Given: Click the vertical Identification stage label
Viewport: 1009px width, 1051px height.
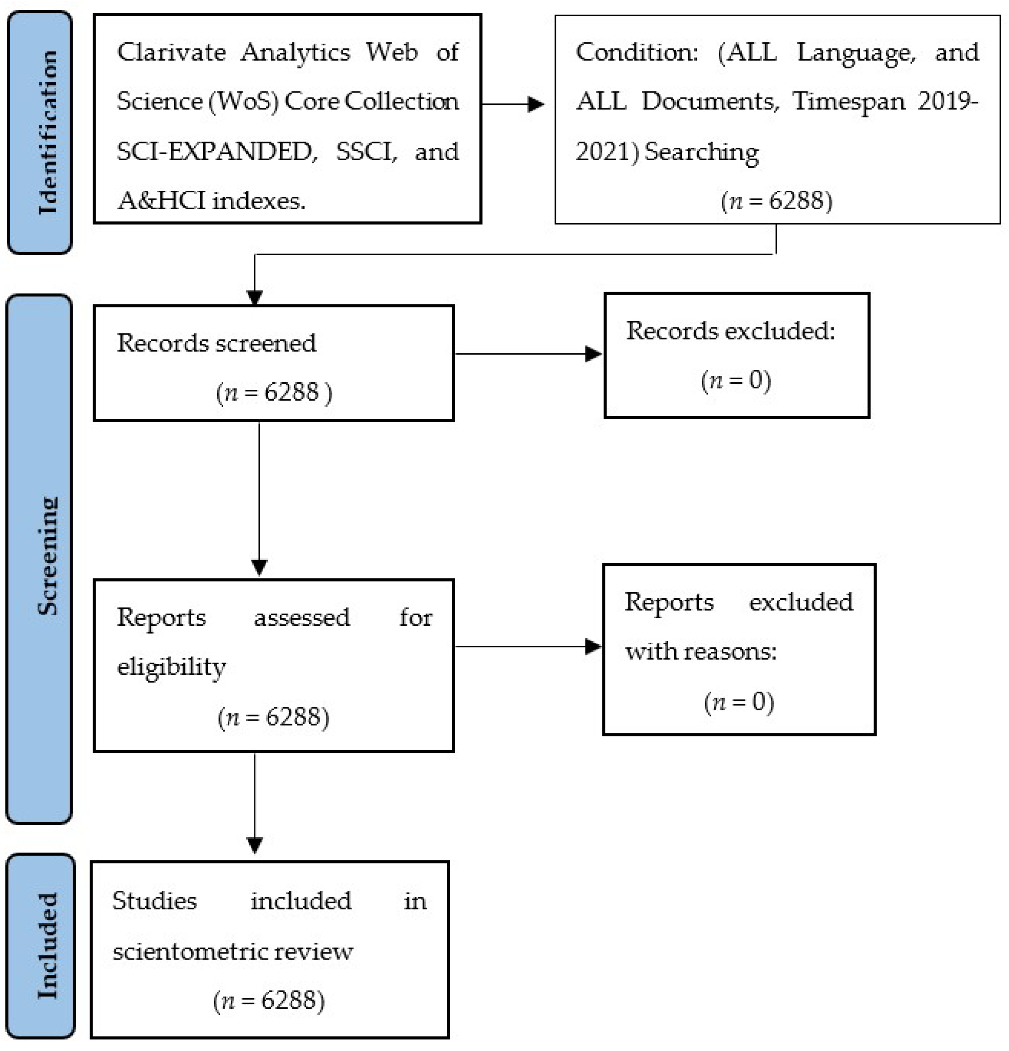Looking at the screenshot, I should [x=47, y=132].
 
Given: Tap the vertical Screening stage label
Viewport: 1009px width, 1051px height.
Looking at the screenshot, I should [x=47, y=555].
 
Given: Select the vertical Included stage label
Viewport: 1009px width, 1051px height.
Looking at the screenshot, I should [x=47, y=946].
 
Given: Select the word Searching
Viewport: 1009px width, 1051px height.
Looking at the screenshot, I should [x=701, y=152].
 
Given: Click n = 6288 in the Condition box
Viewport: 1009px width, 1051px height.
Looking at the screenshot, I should [x=776, y=201].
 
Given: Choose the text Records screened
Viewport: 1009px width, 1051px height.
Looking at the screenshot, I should [x=216, y=343].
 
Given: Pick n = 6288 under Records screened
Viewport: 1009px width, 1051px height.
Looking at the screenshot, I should [x=274, y=392].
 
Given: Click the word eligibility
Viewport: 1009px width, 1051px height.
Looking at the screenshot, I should [x=172, y=668].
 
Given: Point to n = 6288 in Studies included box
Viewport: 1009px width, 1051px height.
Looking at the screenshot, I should [x=269, y=1001].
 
